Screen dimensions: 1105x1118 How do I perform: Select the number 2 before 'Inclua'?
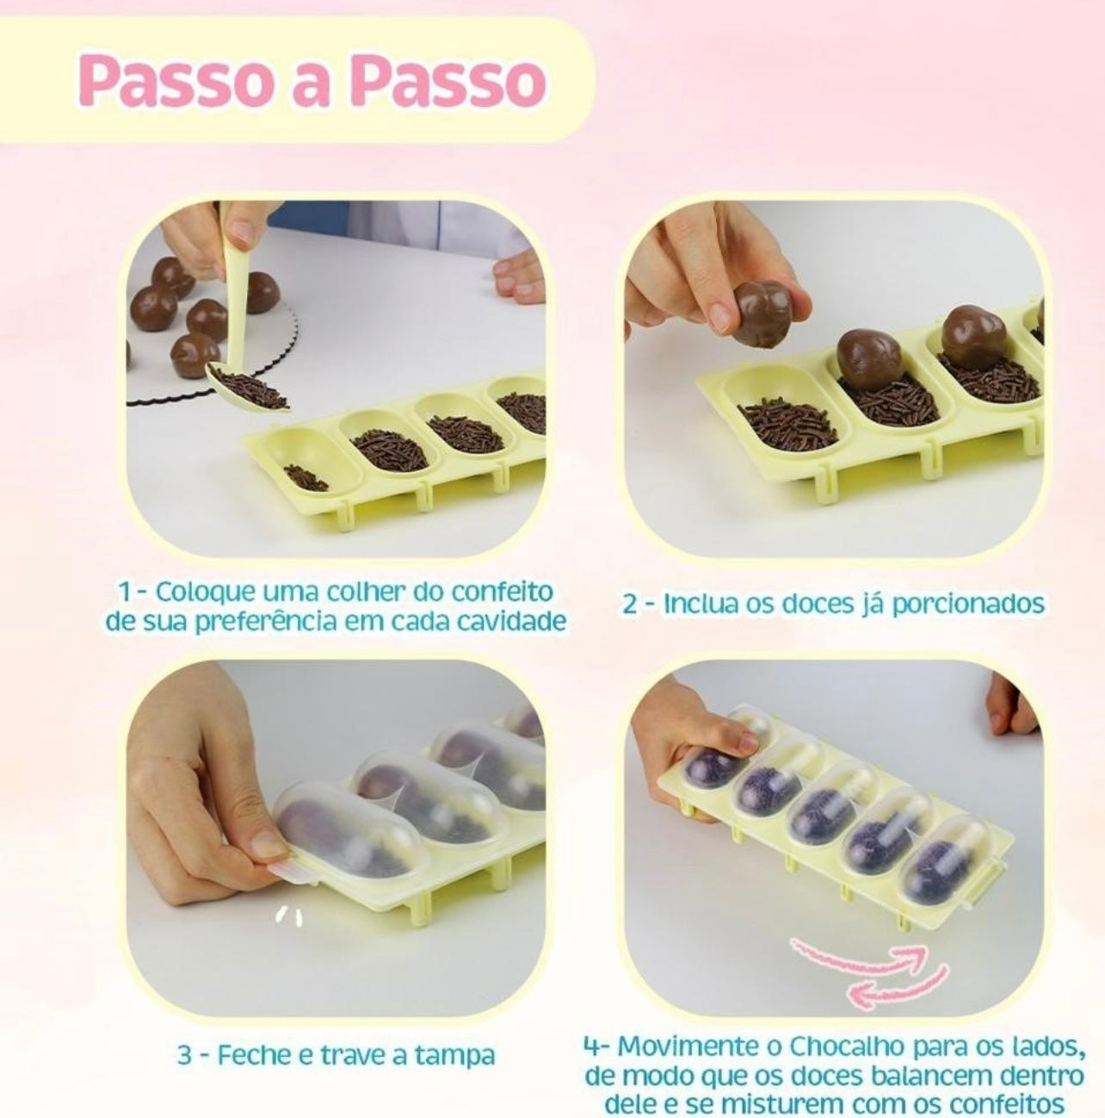click(630, 604)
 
